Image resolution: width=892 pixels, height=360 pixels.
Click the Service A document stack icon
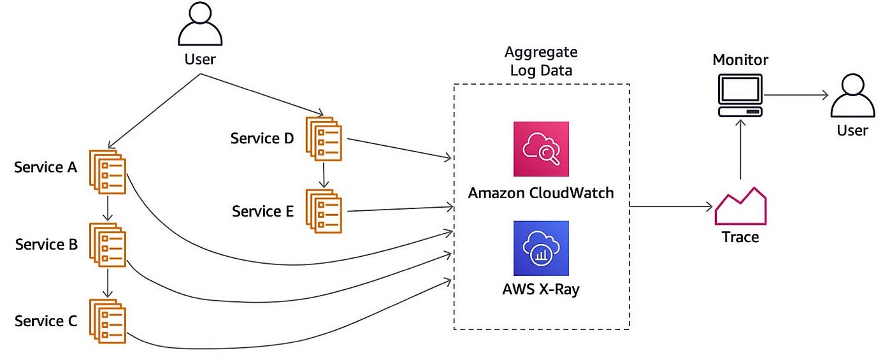coord(108,171)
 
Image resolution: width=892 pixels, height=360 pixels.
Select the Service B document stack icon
coord(108,245)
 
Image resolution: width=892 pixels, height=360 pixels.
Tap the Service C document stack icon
coord(108,321)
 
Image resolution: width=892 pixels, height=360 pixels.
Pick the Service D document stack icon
coord(324,139)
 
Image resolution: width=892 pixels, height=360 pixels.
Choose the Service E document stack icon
coord(324,211)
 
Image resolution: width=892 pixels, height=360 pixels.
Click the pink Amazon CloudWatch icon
coord(541,149)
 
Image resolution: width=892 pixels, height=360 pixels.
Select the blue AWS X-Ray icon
coord(541,248)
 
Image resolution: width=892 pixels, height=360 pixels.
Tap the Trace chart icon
coord(740,206)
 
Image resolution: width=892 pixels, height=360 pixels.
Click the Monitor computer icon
coord(740,95)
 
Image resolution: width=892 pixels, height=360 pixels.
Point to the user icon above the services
coord(200,24)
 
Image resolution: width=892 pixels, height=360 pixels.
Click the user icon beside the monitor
coord(852,96)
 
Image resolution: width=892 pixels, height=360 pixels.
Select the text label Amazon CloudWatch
coord(541,193)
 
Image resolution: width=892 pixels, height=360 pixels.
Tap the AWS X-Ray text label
coord(541,289)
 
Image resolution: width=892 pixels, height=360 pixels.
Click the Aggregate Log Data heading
coord(541,61)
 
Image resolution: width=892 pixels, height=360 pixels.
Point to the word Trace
coord(740,237)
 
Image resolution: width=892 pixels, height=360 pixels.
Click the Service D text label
coord(262,139)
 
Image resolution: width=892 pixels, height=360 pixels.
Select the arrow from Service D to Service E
coord(324,175)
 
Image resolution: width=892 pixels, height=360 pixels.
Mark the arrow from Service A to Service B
coord(108,208)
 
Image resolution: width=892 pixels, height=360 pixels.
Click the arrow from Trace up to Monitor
coord(740,149)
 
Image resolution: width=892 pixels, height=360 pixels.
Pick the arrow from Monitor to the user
coord(796,95)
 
